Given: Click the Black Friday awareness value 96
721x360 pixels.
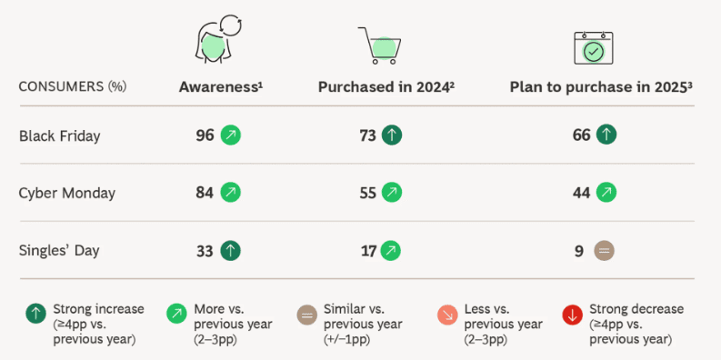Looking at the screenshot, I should click(205, 135).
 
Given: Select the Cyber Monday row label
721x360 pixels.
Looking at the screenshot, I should click(67, 193).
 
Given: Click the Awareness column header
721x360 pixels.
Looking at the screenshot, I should click(220, 87).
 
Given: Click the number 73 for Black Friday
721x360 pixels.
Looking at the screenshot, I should click(368, 135).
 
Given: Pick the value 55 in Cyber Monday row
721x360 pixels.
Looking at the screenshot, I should click(368, 193).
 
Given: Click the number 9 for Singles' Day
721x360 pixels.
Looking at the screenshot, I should click(579, 249).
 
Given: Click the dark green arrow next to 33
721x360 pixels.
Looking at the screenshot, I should click(231, 249).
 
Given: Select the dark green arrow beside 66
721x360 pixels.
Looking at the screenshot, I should click(606, 135).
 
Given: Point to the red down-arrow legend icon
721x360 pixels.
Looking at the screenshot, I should click(572, 315).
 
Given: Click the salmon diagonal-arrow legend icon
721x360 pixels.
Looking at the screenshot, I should click(446, 315).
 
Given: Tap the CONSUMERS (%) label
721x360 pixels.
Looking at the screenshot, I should click(72, 87).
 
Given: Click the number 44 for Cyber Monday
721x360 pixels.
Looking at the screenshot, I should click(581, 193).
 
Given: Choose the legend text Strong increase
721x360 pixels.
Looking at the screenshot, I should click(98, 309).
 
